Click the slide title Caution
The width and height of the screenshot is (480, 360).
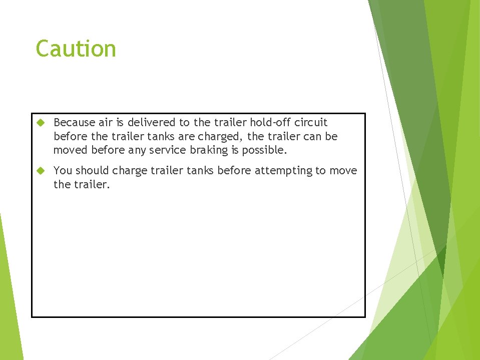pyautogui.click(x=76, y=49)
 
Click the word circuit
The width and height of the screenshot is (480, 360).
pyautogui.click(x=311, y=122)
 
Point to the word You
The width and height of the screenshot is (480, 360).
pyautogui.click(x=63, y=170)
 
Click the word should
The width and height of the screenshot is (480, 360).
pyautogui.click(x=92, y=170)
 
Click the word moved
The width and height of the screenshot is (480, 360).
pyautogui.click(x=71, y=150)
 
